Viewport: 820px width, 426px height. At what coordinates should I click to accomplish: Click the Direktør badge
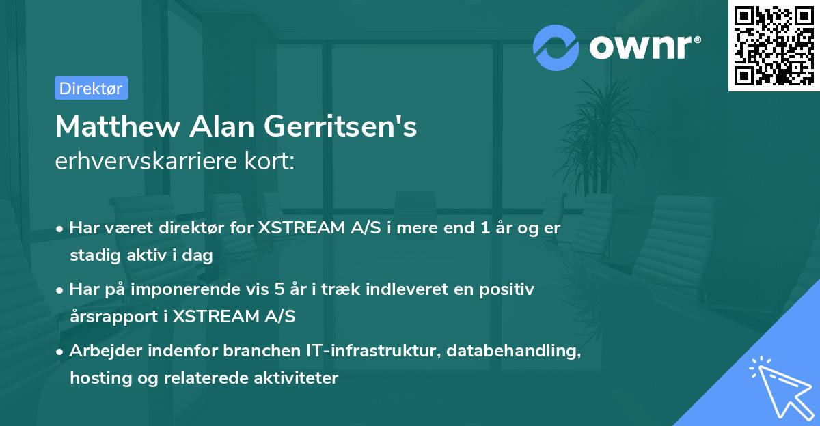91,88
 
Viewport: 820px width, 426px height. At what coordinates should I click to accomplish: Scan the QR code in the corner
774,45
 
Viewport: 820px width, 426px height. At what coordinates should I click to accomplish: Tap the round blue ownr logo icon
556,47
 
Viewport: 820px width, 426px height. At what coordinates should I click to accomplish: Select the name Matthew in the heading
106,126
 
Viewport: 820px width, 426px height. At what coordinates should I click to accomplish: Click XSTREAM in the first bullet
299,228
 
